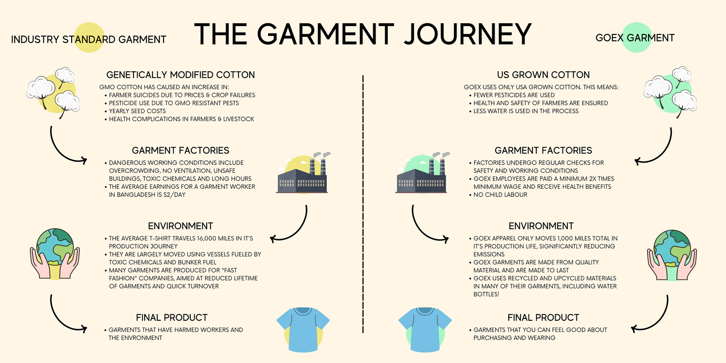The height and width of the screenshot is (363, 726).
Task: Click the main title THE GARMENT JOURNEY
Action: pyautogui.click(x=363, y=34)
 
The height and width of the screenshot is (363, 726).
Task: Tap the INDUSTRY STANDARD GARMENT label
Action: pyautogui.click(x=89, y=39)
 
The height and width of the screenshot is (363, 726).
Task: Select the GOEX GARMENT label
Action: pyautogui.click(x=635, y=38)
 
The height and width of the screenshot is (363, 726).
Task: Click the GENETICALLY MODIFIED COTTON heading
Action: pyautogui.click(x=181, y=75)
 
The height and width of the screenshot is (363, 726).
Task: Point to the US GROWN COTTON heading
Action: pyautogui.click(x=543, y=75)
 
